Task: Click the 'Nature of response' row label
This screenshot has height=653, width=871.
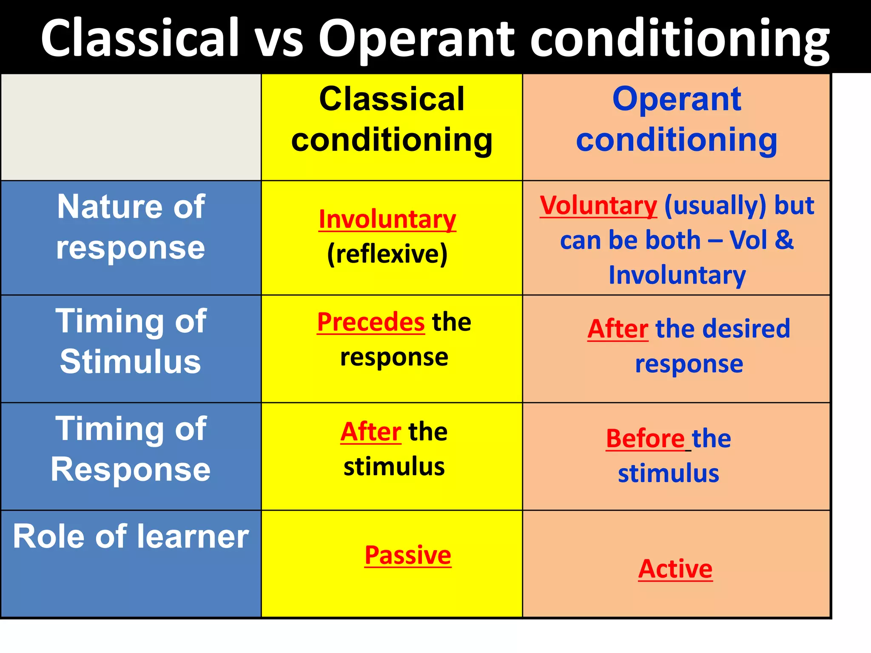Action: click(131, 227)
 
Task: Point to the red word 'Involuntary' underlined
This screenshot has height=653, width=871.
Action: click(387, 219)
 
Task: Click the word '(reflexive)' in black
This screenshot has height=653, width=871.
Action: click(387, 254)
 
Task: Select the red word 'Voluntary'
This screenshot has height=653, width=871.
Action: click(598, 206)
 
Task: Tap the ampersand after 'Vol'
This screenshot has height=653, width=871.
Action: click(784, 240)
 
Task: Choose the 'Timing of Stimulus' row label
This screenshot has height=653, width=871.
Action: click(131, 341)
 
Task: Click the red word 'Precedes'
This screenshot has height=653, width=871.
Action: click(371, 322)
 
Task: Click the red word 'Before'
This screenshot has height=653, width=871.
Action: click(645, 438)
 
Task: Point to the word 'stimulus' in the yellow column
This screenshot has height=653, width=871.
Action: click(394, 466)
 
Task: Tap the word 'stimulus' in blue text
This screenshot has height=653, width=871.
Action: click(668, 473)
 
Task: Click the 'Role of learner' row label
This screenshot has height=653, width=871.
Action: click(131, 537)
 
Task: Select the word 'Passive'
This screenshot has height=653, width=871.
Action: click(408, 555)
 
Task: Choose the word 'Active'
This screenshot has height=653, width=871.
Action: click(675, 569)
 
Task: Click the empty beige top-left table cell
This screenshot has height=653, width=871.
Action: click(131, 127)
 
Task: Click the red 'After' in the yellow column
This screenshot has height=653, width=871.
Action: click(370, 432)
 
